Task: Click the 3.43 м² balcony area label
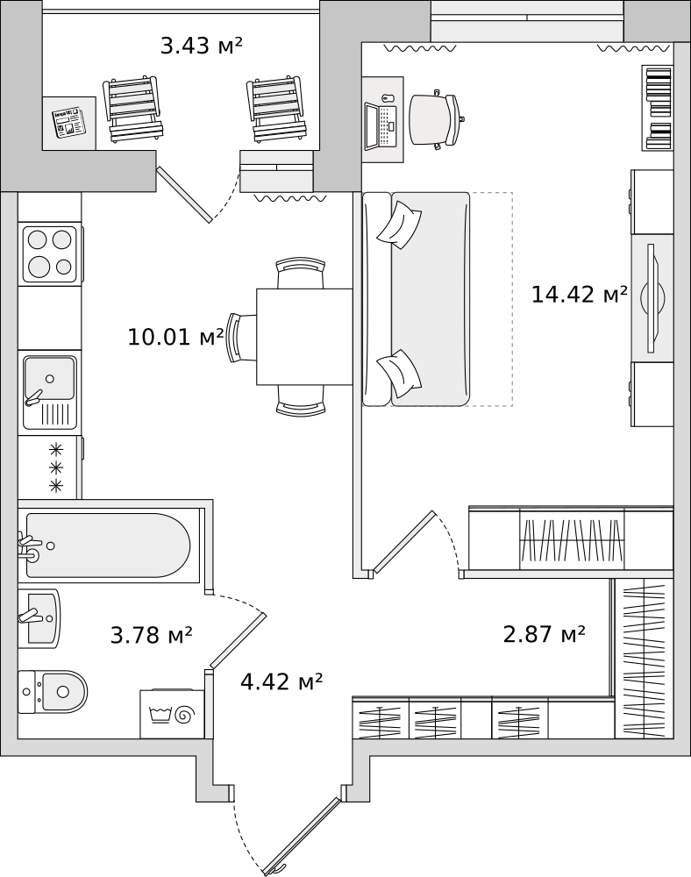202,46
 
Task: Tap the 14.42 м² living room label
579,294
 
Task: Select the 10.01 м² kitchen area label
175,337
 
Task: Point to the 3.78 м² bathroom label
151,635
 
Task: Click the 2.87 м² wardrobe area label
544,634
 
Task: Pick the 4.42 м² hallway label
281,681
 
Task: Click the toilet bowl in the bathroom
53,692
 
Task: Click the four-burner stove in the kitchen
50,254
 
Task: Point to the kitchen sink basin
49,378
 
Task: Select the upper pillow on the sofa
399,225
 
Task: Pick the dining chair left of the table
240,338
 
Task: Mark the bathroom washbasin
39,618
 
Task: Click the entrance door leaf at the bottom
302,836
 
